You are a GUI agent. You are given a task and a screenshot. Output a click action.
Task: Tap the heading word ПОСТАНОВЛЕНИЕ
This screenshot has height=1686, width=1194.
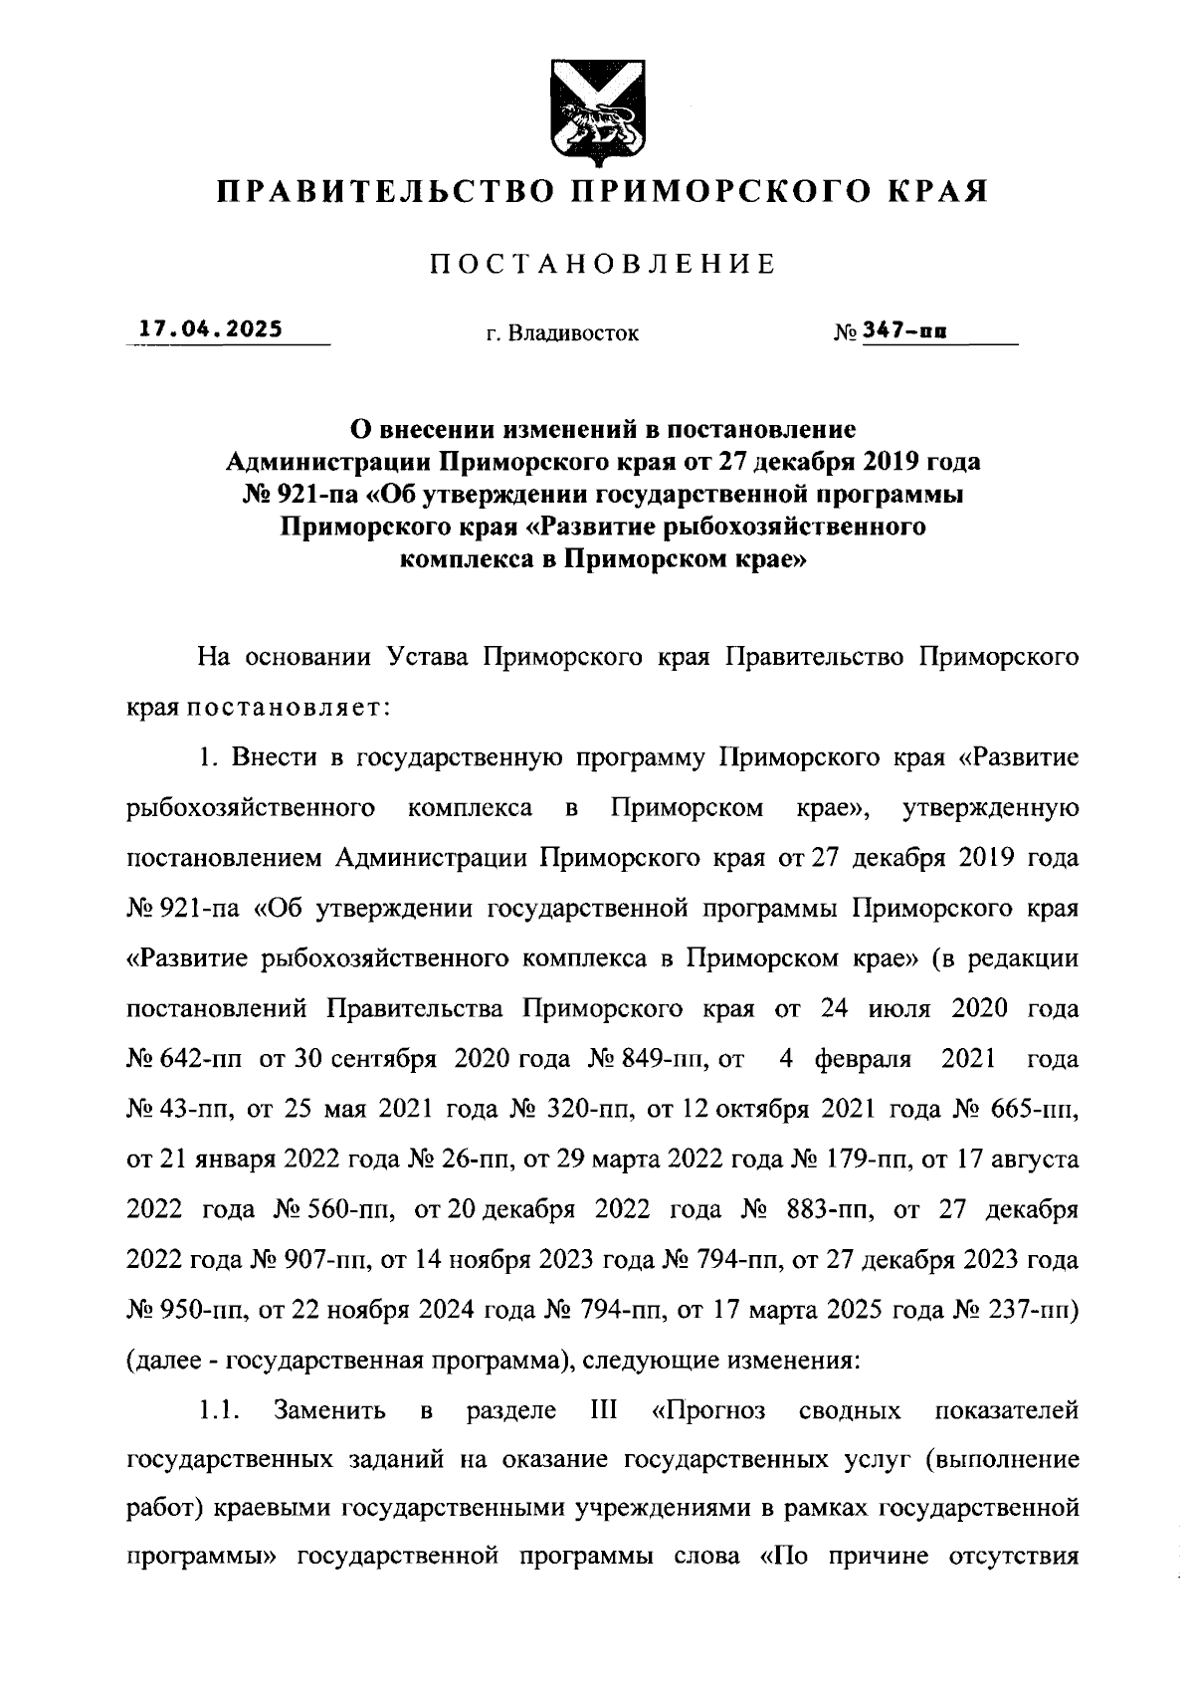click(x=602, y=264)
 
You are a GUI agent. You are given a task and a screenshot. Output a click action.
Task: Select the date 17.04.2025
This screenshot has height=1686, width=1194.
click(x=210, y=328)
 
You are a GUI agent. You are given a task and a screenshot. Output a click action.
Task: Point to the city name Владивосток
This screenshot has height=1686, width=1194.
click(x=573, y=334)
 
